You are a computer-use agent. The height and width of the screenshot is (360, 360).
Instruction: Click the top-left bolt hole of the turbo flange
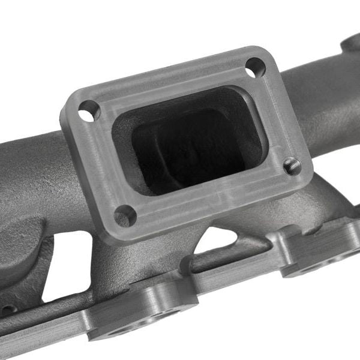pos(89,110)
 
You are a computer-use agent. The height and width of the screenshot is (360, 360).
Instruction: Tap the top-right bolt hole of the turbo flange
pos(255,67)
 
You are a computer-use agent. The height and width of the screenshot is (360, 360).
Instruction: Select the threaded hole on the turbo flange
pos(292,165)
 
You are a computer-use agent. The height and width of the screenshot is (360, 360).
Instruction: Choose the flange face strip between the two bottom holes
pos(210,198)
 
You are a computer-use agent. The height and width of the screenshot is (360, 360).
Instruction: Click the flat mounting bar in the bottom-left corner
pos(36,336)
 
